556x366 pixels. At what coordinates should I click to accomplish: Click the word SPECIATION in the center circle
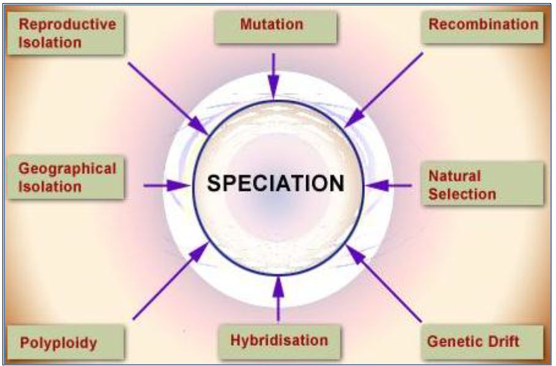click(276, 183)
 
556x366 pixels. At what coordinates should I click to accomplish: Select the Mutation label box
click(276, 28)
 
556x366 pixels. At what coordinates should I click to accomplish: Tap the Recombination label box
click(483, 28)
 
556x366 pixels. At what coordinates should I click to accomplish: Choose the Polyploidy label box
click(66, 342)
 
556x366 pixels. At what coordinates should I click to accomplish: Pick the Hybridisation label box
click(279, 342)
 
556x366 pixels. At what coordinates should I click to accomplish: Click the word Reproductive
click(67, 24)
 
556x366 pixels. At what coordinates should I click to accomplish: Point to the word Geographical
click(67, 170)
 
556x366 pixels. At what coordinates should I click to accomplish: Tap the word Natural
click(454, 176)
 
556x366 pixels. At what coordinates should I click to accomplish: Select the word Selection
click(462, 194)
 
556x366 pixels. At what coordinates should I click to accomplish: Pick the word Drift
click(503, 342)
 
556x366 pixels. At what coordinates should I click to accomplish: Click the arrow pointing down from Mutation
click(273, 77)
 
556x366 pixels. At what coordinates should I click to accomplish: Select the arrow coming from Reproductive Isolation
click(168, 99)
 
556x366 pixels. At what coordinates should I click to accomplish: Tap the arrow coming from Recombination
click(383, 90)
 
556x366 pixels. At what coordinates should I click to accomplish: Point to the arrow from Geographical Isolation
click(167, 185)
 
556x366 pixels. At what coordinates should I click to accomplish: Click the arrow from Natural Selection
click(388, 185)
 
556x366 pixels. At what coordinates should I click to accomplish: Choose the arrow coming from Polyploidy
click(170, 281)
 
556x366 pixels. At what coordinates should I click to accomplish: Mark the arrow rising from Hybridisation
click(279, 299)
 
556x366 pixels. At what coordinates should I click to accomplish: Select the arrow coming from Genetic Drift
click(384, 283)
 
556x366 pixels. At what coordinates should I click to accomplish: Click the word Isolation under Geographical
click(50, 187)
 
